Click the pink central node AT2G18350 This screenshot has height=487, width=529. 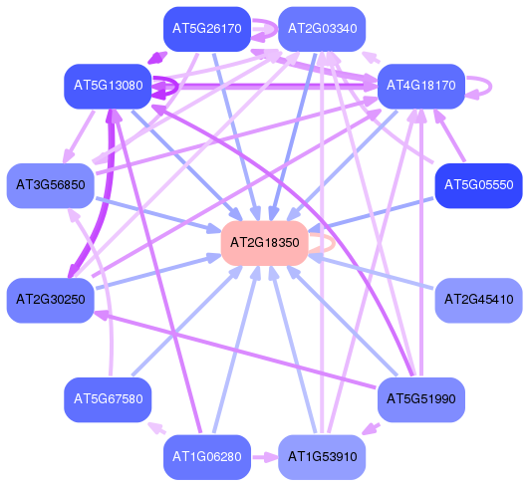click(x=265, y=243)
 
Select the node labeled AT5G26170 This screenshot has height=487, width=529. click(x=207, y=29)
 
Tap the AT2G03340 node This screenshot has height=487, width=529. click(x=322, y=29)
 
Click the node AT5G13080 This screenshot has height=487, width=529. click(x=108, y=86)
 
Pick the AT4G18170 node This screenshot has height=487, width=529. click(x=421, y=86)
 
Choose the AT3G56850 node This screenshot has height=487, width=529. click(x=51, y=185)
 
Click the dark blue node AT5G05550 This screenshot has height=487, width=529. click(x=479, y=185)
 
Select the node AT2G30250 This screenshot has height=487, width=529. click(x=51, y=300)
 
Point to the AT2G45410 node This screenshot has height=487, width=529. click(x=479, y=300)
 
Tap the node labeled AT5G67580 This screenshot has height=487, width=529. click(x=108, y=399)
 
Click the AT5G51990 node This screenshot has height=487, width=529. click(x=421, y=399)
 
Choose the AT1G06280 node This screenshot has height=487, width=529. click(x=207, y=457)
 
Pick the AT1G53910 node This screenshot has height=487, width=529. click(x=322, y=457)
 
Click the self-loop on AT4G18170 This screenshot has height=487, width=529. click(x=491, y=87)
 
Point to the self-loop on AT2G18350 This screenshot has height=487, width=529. click(x=334, y=243)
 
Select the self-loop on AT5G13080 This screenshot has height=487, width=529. click(x=177, y=87)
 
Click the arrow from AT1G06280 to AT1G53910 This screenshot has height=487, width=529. click(x=265, y=458)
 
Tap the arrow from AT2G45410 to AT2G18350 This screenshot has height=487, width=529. click(x=372, y=273)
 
